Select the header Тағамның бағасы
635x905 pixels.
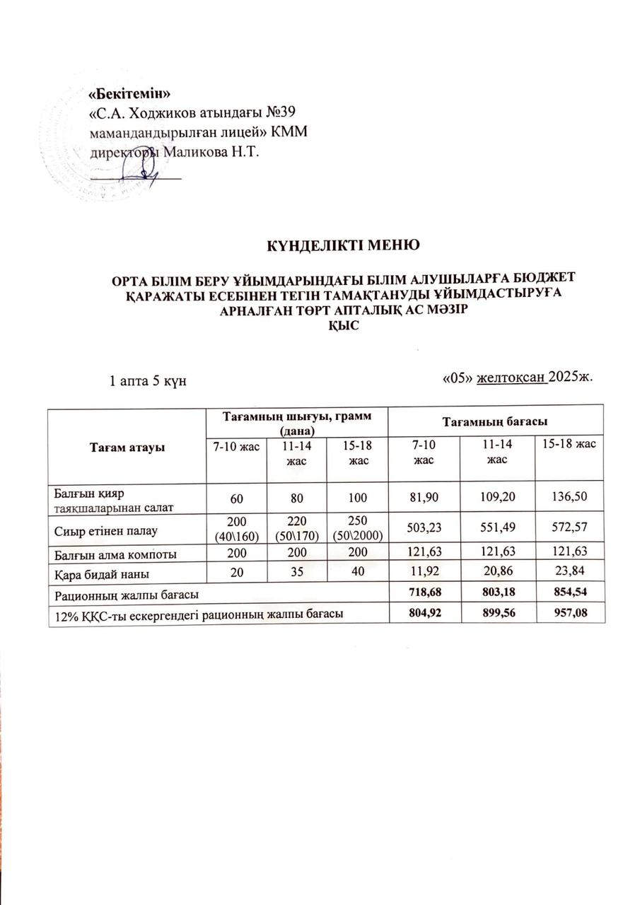[496, 421]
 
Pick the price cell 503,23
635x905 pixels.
[425, 527]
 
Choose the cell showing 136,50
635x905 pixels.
[569, 498]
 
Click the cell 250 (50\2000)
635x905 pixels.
[353, 528]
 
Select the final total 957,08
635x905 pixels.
[569, 613]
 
